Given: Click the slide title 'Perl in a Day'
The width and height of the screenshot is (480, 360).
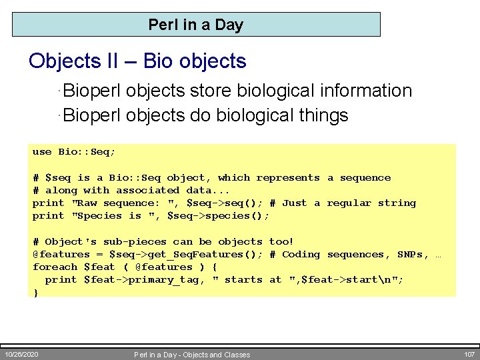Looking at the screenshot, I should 196,25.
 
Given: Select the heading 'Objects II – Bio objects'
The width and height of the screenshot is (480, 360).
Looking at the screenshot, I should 137,61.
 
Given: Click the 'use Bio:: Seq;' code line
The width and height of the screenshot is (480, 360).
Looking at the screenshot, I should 74,152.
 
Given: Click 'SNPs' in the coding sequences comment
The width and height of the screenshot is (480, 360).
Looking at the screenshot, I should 409,255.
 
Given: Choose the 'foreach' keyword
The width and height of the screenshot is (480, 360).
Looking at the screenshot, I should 55,267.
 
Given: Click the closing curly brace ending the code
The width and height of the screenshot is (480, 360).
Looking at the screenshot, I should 36,292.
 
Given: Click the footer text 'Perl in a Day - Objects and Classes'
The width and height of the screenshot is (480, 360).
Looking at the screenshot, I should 192,355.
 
